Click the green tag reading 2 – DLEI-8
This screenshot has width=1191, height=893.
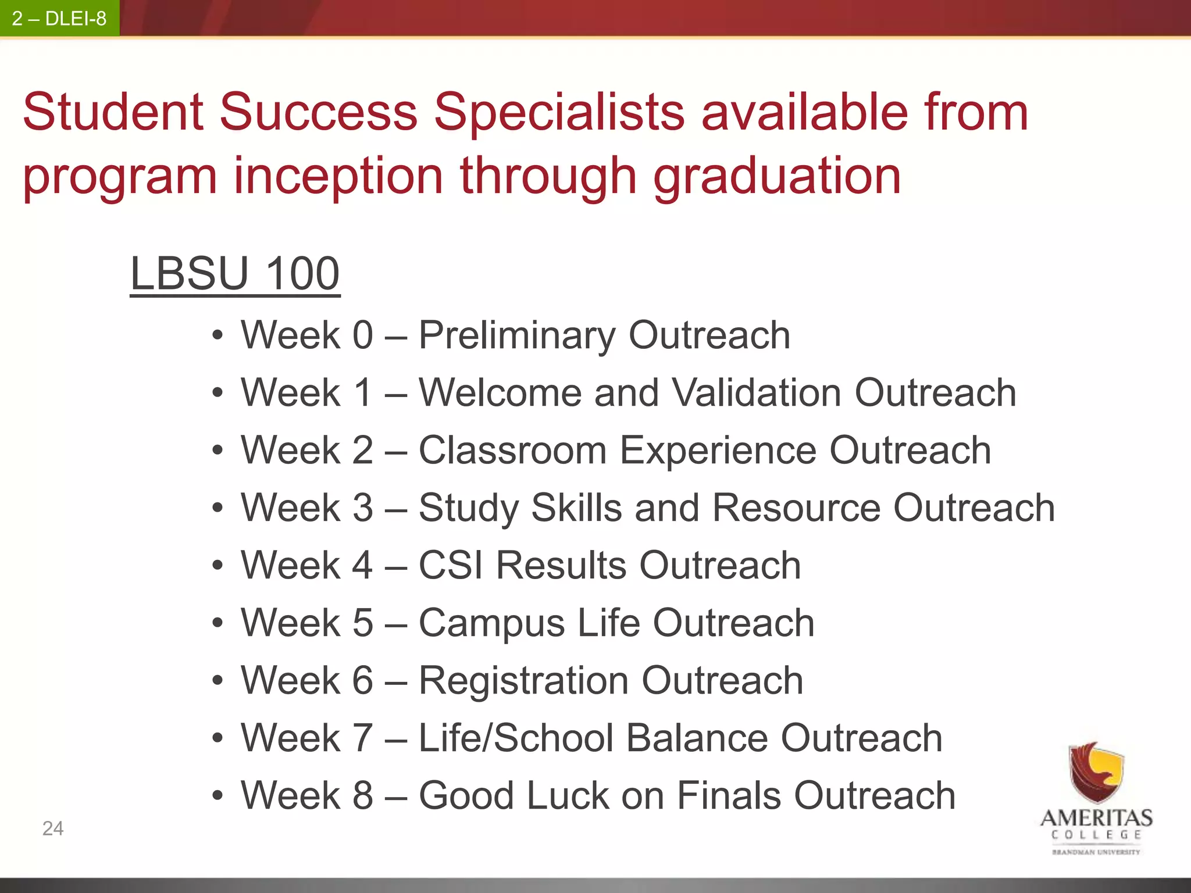click(x=59, y=19)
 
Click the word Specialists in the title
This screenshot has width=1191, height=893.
click(x=559, y=112)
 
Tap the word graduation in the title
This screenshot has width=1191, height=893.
click(x=778, y=177)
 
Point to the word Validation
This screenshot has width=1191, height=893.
click(x=757, y=392)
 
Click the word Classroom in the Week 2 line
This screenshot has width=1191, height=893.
click(x=512, y=451)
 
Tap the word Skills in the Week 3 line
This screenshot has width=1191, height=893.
click(x=576, y=508)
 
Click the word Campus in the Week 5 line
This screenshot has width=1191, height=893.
click(x=491, y=623)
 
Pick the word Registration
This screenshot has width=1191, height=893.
click(x=523, y=681)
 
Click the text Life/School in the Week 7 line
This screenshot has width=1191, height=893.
click(x=516, y=738)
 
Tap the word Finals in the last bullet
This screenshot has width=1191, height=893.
click(x=729, y=795)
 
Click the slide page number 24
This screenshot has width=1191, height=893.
click(x=53, y=828)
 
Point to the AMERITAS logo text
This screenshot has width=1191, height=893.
click(x=1096, y=819)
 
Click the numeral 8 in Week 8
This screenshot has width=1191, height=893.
click(x=362, y=795)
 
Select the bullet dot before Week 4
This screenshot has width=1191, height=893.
click(x=217, y=566)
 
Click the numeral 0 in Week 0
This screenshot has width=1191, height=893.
click(x=362, y=335)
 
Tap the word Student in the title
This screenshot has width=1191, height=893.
click(x=113, y=112)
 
